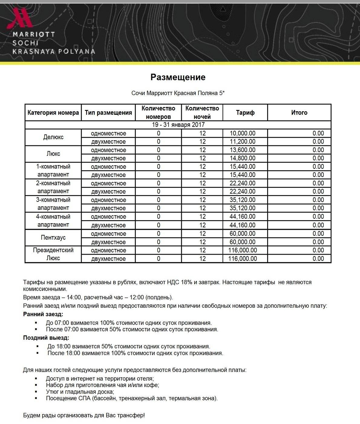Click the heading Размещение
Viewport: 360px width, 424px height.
pos(178,77)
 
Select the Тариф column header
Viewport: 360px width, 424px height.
pos(245,113)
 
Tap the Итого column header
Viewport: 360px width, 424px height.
pos(299,113)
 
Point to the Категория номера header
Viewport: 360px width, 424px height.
pos(53,113)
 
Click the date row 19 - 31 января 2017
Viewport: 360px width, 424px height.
pos(178,125)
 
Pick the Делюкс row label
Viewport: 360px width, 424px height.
pos(53,137)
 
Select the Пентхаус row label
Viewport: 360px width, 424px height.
pos(53,238)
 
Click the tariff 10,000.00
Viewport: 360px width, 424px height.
pos(242,133)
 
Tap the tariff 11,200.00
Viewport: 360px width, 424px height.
pos(242,141)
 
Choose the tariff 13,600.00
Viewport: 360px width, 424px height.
pos(242,150)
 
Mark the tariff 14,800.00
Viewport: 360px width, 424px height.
pos(242,158)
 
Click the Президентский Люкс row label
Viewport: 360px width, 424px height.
pos(53,254)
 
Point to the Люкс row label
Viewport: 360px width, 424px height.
pos(53,154)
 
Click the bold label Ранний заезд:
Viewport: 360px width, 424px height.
pos(43,314)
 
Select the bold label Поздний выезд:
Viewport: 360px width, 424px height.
pos(46,338)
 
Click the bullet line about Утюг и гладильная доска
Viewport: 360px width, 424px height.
pos(80,392)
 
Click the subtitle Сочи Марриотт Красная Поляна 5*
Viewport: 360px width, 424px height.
pos(178,93)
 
